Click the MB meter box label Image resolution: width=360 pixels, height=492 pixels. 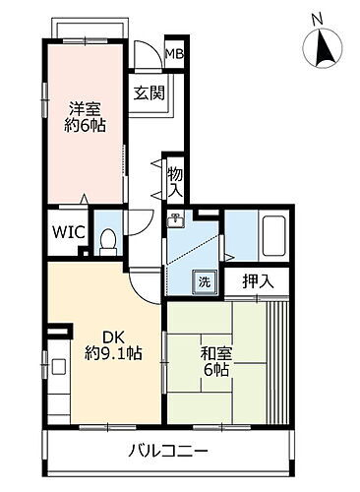(173, 53)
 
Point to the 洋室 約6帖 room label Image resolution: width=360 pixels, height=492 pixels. (86, 115)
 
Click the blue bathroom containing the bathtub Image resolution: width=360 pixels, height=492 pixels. (258, 236)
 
